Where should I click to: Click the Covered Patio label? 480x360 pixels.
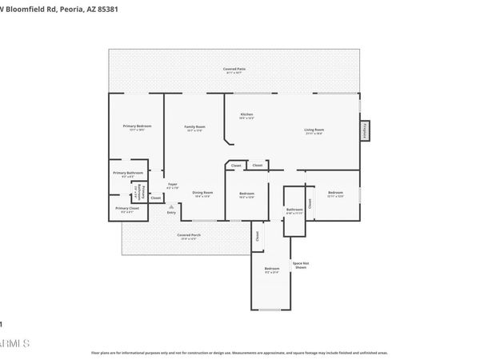pos(234,70)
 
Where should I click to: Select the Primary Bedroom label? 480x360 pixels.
pos(138,126)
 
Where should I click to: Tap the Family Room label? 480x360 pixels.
pos(195,126)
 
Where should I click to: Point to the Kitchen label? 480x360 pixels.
pos(247,114)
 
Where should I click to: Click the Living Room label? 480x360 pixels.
pos(313,130)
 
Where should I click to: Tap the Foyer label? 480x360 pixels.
pos(171,184)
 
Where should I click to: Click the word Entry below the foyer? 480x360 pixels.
pos(171,212)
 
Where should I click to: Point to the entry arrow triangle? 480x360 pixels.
pos(171,205)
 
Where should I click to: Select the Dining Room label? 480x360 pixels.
pos(203,193)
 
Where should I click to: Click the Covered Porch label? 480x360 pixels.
pos(189,235)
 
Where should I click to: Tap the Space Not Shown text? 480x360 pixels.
pos(300,265)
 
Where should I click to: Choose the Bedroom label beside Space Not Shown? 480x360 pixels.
pos(272,269)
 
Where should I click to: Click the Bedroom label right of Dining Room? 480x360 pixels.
pos(247,194)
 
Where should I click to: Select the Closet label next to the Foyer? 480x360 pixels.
pos(156,198)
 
